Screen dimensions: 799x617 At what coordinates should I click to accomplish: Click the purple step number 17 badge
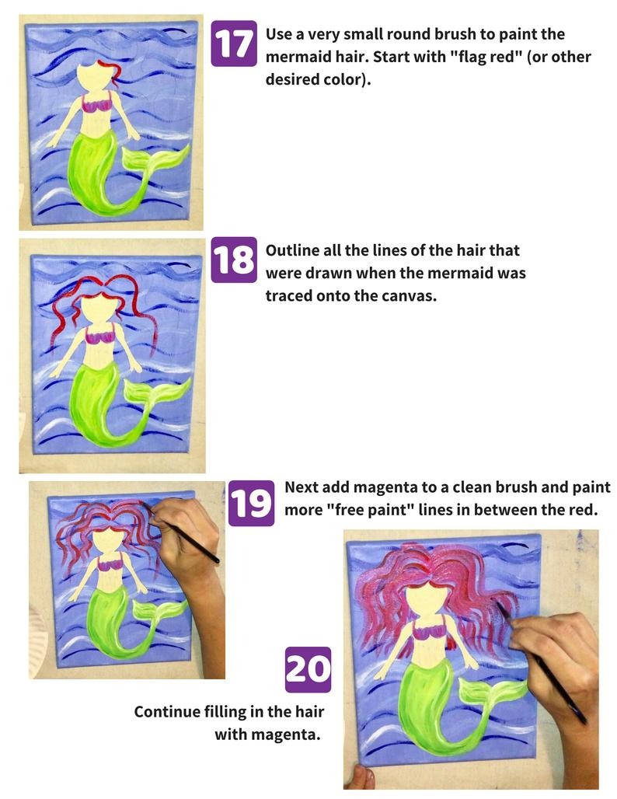[234, 44]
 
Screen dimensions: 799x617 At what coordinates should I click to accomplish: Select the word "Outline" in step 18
[292, 251]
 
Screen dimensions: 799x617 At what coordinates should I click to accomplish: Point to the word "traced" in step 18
[290, 296]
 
